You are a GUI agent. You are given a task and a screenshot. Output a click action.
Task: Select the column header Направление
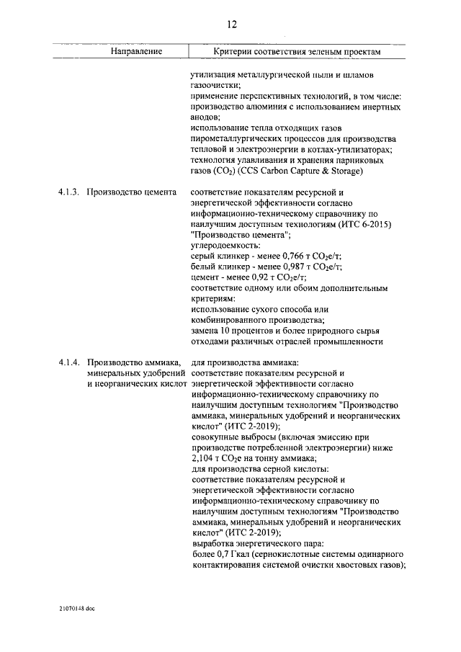(x=136, y=52)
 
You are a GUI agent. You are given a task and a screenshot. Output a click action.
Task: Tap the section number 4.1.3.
(x=70, y=193)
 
